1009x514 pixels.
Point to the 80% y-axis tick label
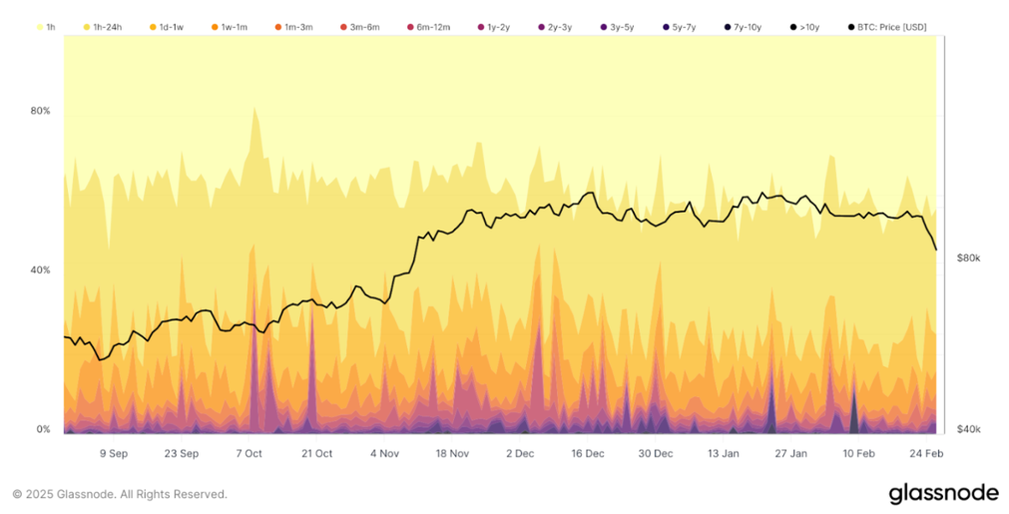click(x=40, y=111)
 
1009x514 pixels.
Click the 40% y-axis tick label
click(x=40, y=269)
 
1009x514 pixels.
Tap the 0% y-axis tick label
click(x=43, y=429)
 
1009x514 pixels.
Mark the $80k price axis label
click(x=968, y=257)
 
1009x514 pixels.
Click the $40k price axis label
click(x=968, y=429)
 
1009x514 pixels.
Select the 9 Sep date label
click(x=113, y=453)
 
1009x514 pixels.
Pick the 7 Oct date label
click(x=249, y=453)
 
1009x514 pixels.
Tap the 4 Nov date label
click(x=384, y=453)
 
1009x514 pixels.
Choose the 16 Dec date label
click(x=588, y=453)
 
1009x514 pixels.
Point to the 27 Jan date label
click(x=791, y=453)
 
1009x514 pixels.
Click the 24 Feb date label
click(x=927, y=453)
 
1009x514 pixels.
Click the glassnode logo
click(x=942, y=493)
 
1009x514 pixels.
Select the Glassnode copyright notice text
click(x=119, y=494)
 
